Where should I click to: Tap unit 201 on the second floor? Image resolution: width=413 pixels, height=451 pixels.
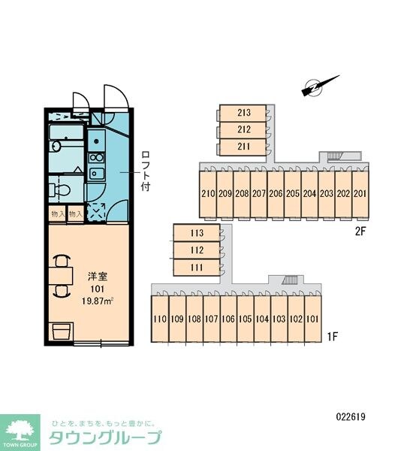coord(360,194)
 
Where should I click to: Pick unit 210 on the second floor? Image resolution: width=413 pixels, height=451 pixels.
coord(208,194)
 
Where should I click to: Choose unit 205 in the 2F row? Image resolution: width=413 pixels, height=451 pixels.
coord(292,194)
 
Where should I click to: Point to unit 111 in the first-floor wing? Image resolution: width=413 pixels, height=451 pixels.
coord(196,268)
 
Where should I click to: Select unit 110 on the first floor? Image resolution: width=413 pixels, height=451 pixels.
coord(159,319)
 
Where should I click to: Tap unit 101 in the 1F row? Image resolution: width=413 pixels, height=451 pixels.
coord(312,319)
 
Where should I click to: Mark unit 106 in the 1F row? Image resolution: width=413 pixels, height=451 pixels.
coord(228,319)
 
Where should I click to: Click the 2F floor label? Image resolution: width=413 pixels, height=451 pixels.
coord(360,232)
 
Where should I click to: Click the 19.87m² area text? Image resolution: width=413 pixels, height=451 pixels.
coord(97,301)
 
